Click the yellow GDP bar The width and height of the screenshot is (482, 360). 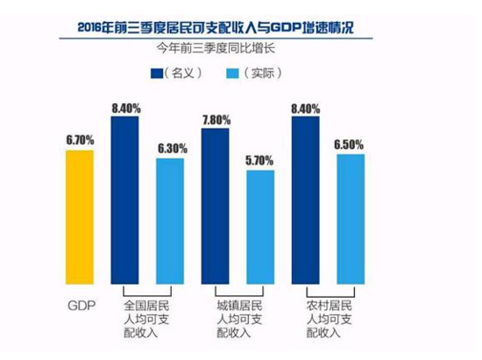(80, 217)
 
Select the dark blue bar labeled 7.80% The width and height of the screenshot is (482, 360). (216, 206)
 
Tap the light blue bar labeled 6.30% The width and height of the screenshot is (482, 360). (170, 221)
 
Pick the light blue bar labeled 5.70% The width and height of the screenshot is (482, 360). (260, 228)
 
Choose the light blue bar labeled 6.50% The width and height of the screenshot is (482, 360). (351, 219)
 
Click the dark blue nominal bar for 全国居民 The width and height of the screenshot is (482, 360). (124, 201)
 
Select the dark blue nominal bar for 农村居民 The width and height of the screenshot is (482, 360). (306, 201)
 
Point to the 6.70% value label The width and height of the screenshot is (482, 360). (81, 140)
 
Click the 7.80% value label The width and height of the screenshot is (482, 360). (216, 120)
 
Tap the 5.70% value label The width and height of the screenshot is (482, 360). (259, 160)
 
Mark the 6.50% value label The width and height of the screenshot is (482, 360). (349, 145)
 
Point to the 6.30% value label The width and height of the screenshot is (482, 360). (173, 149)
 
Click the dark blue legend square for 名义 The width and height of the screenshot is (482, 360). (157, 74)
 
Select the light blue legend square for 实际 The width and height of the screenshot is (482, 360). (232, 74)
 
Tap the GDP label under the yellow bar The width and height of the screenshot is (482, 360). (82, 306)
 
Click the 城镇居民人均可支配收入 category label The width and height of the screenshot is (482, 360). (239, 319)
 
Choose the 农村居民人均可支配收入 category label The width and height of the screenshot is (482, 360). (330, 319)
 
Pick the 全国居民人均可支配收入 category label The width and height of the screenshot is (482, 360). (146, 319)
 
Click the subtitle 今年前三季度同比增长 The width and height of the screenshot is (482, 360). (216, 48)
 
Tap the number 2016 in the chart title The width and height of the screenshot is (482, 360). (89, 28)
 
